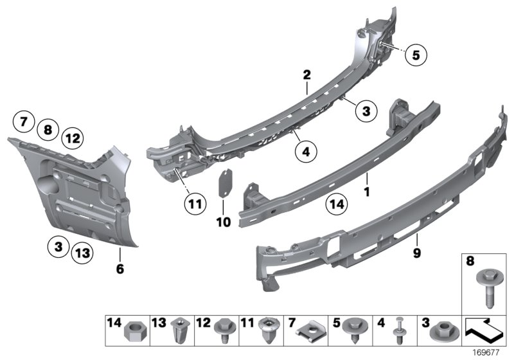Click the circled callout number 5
coord(416,55)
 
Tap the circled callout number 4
coord(306,152)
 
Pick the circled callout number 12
coord(72,137)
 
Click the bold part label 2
coord(307,75)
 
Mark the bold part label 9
coord(416,253)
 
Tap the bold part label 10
coord(223,222)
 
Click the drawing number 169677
coord(495,353)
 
